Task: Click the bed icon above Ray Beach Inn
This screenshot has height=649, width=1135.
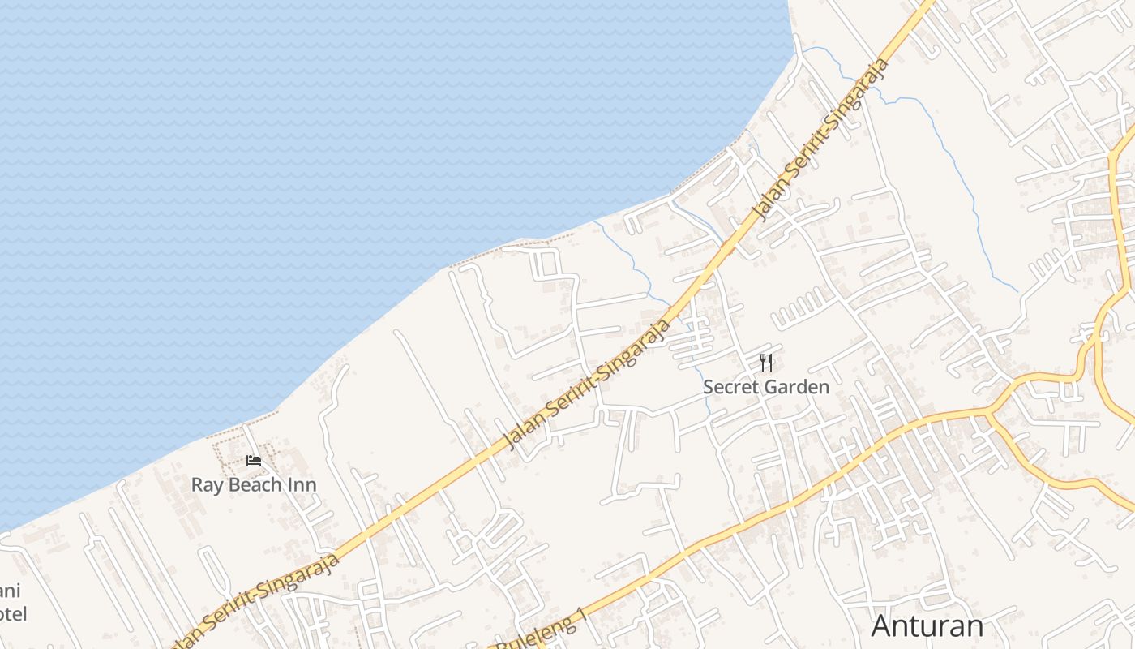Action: point(254,462)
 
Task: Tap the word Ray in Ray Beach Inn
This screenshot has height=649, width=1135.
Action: point(207,485)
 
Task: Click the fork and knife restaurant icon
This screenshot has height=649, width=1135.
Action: point(766,363)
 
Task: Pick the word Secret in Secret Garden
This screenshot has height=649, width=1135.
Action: point(729,387)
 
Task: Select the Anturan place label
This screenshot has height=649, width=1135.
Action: point(927,625)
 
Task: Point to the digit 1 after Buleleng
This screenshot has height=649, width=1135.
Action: point(580,618)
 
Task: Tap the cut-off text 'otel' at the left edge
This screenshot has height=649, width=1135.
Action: point(13,614)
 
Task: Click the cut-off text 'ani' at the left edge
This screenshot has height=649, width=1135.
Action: point(10,591)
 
